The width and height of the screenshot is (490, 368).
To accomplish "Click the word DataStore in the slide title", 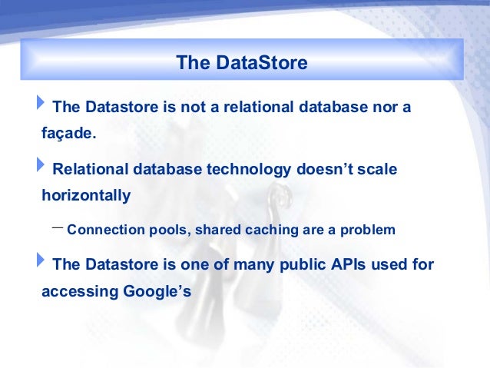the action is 262,62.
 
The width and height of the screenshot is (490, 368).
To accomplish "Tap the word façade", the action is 69,134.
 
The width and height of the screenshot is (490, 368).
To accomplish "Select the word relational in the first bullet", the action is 258,107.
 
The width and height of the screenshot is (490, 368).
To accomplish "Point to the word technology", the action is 249,170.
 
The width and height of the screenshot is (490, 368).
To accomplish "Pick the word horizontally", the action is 86,196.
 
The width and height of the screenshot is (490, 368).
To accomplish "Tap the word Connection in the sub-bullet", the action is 106,230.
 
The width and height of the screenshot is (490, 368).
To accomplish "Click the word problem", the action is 367,230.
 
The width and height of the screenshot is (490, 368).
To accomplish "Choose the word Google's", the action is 157,291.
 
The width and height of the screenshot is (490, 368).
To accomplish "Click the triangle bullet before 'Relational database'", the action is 41,164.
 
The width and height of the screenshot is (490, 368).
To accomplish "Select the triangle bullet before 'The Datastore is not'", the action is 41,102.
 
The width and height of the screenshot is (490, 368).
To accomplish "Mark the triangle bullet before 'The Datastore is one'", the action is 41,260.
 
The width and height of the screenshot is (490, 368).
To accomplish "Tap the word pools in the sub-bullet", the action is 170,230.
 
